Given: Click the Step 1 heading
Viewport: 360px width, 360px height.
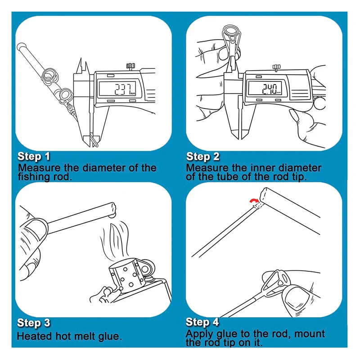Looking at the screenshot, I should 34,157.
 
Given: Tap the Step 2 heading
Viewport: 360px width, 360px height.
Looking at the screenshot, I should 203,157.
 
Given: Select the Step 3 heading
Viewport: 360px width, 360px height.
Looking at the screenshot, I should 34,323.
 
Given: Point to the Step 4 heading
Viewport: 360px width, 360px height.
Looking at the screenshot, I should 203,322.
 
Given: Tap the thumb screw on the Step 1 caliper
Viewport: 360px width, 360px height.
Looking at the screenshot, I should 131,67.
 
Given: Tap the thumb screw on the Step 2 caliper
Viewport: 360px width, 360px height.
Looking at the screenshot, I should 275,68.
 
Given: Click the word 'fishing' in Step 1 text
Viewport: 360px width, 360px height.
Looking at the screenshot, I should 33,177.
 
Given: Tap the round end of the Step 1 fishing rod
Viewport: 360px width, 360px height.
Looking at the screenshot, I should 20,46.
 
